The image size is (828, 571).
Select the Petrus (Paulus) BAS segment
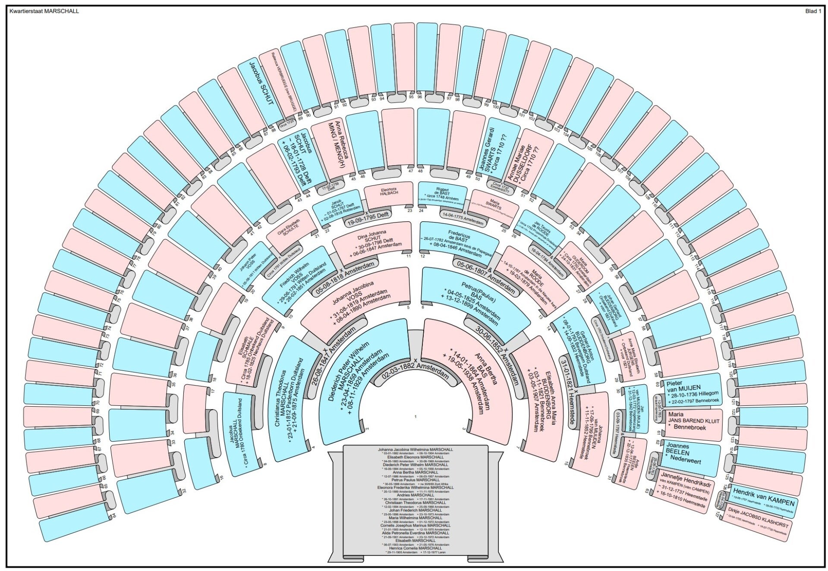[475, 302]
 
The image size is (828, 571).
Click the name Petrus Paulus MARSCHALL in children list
[416, 480]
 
